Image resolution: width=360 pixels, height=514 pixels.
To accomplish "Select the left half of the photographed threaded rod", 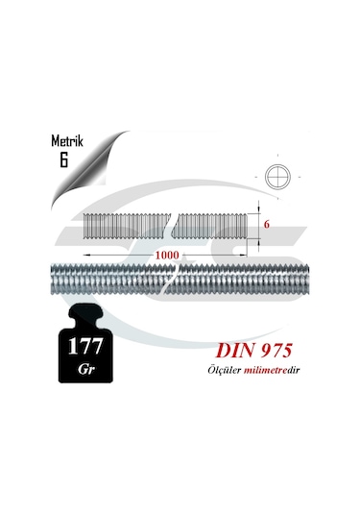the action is [x=106, y=280].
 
